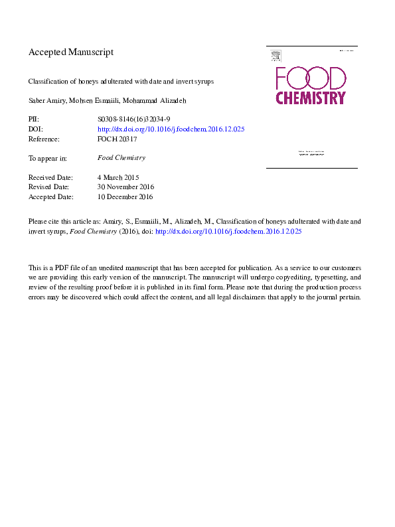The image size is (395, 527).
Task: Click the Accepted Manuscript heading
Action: (71, 52)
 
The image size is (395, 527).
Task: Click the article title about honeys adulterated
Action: (121, 82)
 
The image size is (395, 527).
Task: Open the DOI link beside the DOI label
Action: (171, 129)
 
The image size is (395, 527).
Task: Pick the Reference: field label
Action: (44, 139)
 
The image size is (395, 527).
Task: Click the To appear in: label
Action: (47, 158)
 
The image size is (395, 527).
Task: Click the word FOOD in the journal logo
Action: (310, 78)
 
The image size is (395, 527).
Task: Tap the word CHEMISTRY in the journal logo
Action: (311, 98)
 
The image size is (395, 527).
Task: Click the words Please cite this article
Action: (63, 221)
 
